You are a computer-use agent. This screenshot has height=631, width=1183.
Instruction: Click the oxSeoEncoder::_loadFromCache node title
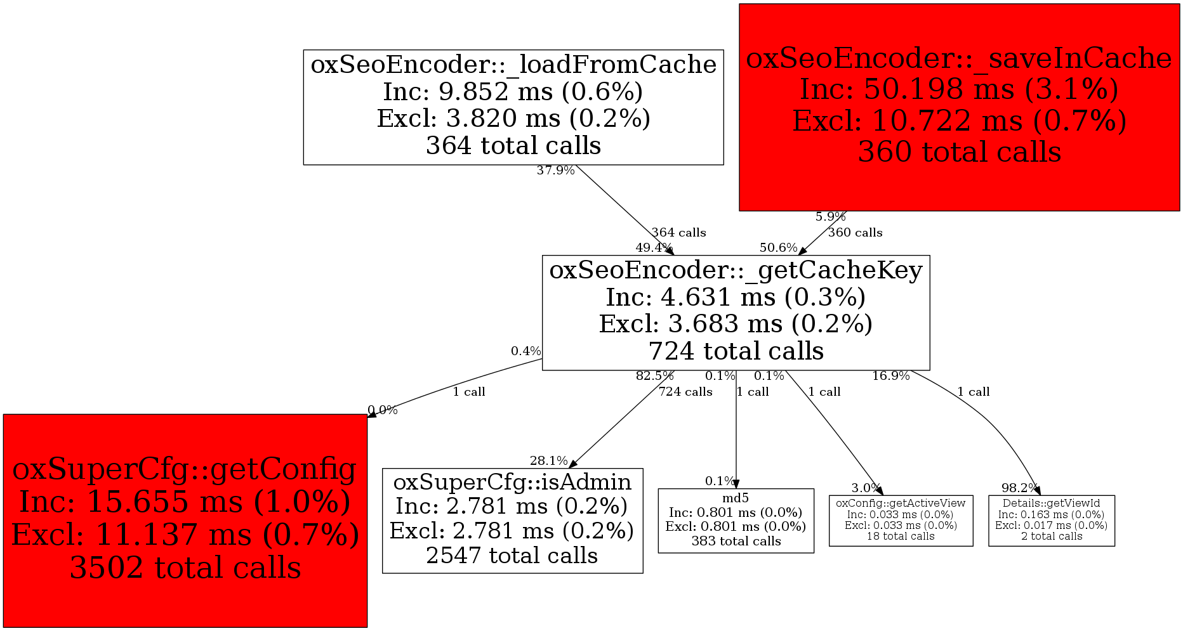513,65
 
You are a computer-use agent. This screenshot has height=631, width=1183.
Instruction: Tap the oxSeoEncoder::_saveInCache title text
959,58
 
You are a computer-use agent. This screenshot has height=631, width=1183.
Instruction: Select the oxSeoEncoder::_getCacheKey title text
736,270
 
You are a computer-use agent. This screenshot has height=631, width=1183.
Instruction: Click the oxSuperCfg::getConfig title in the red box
185,469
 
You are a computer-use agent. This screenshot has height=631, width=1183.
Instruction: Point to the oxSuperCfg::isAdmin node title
512,482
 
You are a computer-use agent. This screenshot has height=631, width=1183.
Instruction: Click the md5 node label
736,498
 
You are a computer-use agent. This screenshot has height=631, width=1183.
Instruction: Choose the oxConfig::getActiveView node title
901,503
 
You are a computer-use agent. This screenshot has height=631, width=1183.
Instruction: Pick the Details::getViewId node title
1052,504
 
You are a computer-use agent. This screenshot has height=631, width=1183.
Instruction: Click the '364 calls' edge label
678,233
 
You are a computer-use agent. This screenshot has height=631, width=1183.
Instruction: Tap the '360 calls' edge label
855,233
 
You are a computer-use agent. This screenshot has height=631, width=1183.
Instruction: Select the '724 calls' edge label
685,392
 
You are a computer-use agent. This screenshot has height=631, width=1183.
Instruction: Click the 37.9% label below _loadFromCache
555,171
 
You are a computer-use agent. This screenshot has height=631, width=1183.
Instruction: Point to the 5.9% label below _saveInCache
830,217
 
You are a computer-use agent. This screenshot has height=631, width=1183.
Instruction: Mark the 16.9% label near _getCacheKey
890,376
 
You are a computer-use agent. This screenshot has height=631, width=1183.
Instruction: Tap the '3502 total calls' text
185,568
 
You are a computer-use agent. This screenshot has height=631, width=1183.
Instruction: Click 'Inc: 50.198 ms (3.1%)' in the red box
959,89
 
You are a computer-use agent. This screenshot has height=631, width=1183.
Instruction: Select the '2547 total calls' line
512,556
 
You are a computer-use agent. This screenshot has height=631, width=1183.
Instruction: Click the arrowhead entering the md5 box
736,485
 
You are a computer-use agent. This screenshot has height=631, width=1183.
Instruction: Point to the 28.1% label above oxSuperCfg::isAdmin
549,460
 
